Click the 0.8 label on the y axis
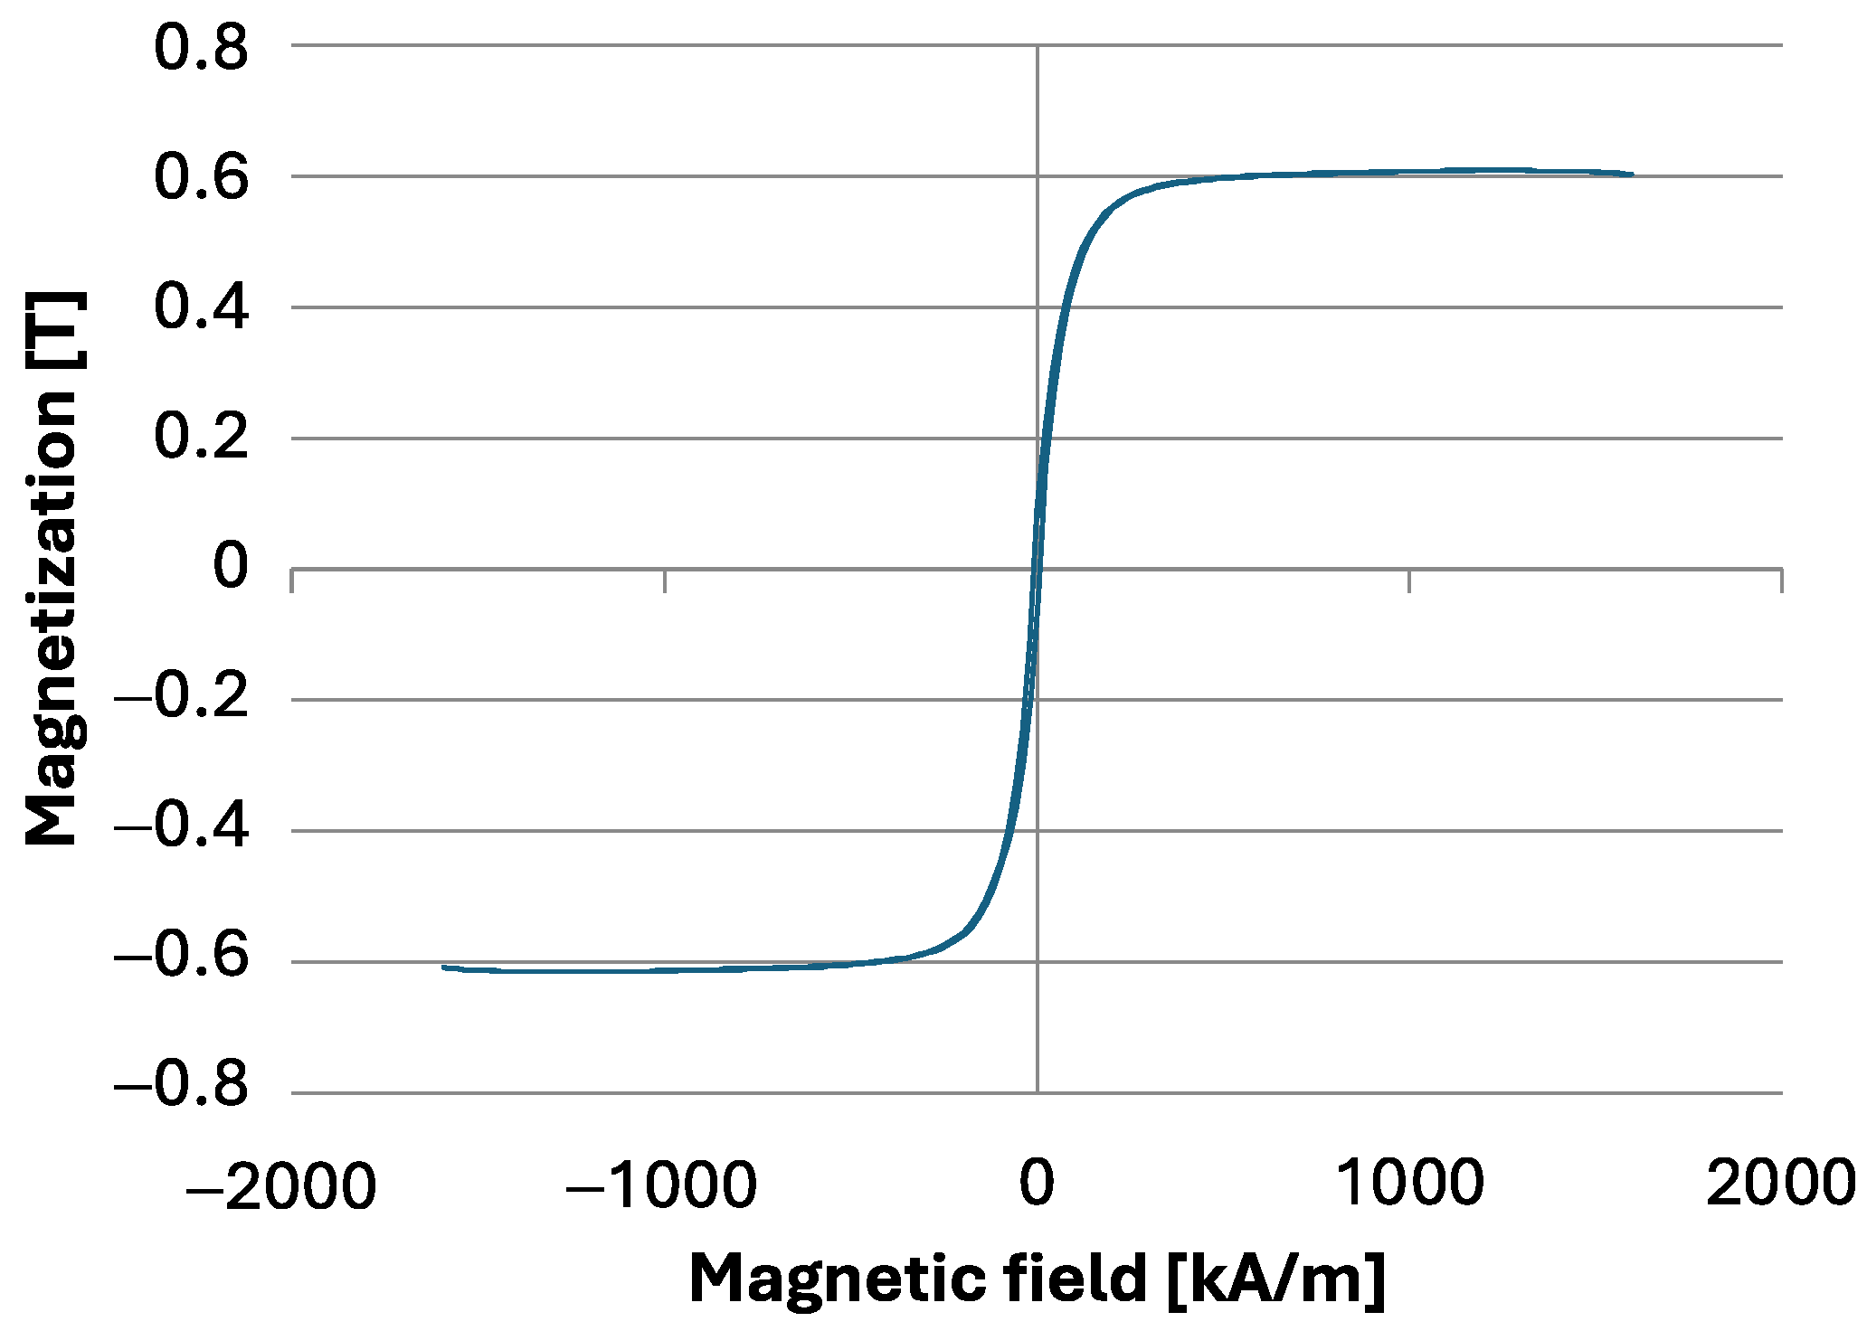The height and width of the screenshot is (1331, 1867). [x=201, y=49]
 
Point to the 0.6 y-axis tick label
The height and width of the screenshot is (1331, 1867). [x=201, y=179]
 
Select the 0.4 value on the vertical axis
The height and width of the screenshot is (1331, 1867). [x=201, y=309]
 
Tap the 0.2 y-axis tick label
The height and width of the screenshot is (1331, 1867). [x=201, y=439]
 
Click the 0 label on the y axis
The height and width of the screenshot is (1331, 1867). [x=230, y=568]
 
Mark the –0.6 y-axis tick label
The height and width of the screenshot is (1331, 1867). [x=181, y=960]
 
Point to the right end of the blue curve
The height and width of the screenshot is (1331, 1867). [x=1632, y=174]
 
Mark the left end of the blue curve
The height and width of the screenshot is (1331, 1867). [x=443, y=967]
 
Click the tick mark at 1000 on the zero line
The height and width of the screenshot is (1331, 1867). [x=1409, y=581]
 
